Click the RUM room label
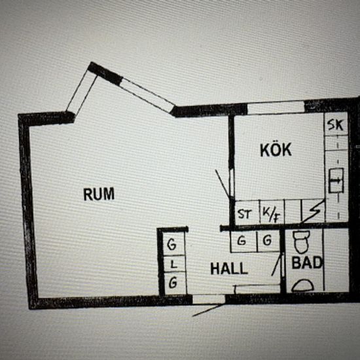click(99, 194)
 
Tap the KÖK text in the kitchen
click(276, 149)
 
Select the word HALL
click(229, 268)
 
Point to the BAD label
click(307, 262)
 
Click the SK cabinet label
click(335, 125)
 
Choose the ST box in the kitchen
click(247, 212)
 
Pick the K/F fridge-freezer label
click(272, 212)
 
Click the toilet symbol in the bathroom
click(301, 242)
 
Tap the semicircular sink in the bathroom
click(302, 285)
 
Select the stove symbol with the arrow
click(336, 181)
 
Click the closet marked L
click(175, 264)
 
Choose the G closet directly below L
click(175, 283)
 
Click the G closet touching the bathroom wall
click(268, 241)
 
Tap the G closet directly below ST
click(243, 241)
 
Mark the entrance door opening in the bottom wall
click(208, 299)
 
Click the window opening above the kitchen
click(276, 108)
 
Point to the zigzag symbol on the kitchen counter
click(313, 211)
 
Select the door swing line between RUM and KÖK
click(223, 184)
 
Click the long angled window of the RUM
click(147, 95)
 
